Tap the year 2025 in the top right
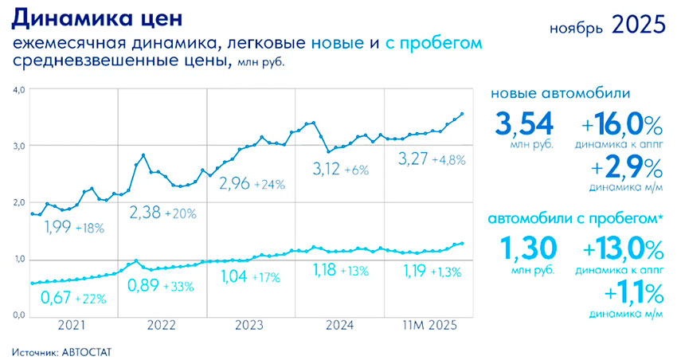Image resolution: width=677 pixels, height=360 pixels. tap(638, 25)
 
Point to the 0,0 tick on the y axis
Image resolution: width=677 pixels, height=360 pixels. tap(19, 317)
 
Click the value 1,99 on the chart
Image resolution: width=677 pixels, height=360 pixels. tap(61, 229)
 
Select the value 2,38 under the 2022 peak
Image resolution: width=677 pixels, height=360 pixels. tap(147, 213)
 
